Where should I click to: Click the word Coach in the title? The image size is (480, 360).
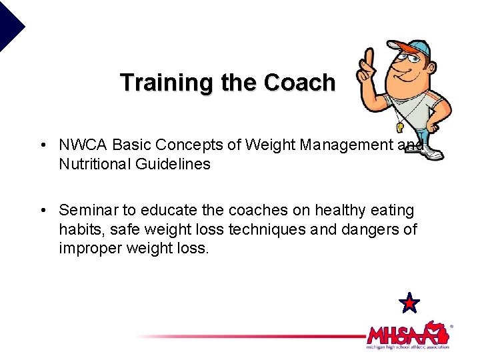(x=299, y=83)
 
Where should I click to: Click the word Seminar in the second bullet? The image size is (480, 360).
(x=85, y=211)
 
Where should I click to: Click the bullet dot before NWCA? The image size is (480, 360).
(x=42, y=145)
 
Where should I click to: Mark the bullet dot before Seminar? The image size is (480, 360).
(x=42, y=211)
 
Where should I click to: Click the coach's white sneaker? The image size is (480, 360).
(x=432, y=153)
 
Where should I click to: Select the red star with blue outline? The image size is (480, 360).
(x=409, y=303)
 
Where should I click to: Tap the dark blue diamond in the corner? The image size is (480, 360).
(x=10, y=25)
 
